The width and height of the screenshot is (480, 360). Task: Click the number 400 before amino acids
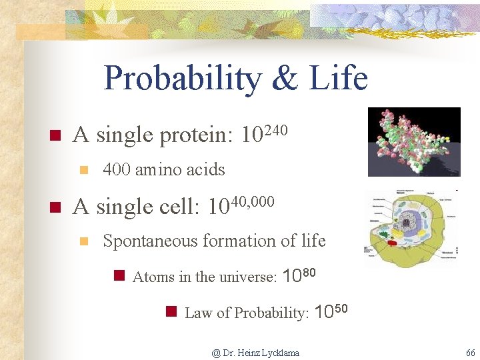pyautogui.click(x=117, y=170)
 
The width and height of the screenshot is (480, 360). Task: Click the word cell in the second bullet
pyautogui.click(x=180, y=207)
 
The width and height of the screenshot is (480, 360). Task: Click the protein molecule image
pyautogui.click(x=414, y=141)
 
